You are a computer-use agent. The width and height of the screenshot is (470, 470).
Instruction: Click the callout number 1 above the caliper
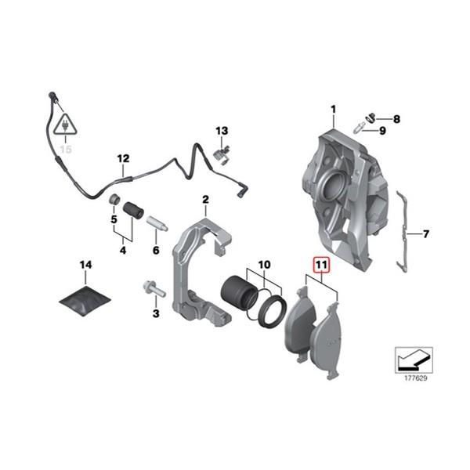333,108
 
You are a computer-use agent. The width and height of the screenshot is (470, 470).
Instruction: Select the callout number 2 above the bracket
205,200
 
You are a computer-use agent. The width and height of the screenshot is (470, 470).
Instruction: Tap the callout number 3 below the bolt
155,314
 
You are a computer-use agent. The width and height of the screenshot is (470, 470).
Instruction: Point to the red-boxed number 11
321,266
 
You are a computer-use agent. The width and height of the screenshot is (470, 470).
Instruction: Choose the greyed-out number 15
65,148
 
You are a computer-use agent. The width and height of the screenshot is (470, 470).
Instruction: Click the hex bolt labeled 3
154,290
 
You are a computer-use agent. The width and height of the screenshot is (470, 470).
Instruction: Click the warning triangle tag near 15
62,125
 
